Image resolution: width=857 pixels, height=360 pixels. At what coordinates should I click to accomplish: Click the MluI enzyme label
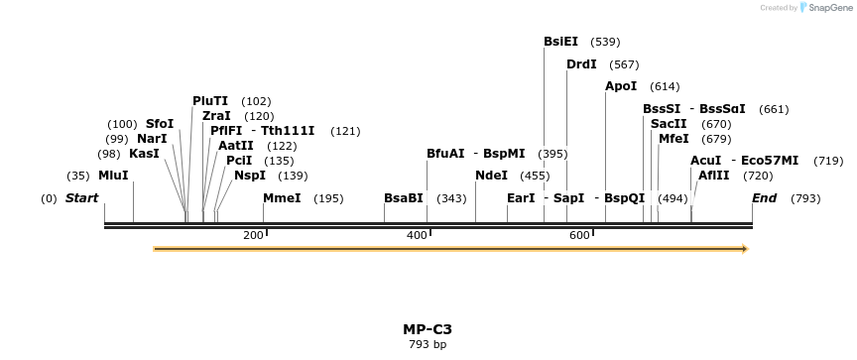[113, 176]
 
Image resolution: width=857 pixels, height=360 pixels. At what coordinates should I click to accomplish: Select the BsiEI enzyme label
[560, 42]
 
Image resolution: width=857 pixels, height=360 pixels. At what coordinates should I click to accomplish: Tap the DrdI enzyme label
[581, 64]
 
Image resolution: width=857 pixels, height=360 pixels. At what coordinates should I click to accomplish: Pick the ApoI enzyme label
[621, 86]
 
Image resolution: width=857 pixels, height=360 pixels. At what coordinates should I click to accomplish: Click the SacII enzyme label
[669, 124]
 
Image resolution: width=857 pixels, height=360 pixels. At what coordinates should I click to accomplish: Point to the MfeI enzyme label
[673, 139]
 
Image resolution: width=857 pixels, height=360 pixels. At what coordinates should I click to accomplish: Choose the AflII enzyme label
[714, 176]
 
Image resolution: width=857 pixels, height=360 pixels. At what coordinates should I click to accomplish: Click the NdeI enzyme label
[491, 176]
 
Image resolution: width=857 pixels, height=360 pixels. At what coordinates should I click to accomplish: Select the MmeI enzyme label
[282, 198]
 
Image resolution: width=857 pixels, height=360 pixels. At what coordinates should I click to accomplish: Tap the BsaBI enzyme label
[404, 198]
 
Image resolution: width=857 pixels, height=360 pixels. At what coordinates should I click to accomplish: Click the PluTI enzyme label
[210, 101]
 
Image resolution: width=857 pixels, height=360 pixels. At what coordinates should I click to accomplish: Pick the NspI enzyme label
[250, 176]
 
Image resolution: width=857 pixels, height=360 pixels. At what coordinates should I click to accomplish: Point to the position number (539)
[605, 42]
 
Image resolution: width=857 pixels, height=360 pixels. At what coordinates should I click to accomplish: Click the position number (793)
[805, 198]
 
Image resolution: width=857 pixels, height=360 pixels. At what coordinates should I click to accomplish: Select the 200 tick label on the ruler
[253, 235]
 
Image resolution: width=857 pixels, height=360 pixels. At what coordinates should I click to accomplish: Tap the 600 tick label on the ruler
[578, 235]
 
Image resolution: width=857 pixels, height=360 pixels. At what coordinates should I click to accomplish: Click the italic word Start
[81, 198]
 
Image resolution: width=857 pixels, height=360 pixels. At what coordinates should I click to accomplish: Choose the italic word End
[764, 198]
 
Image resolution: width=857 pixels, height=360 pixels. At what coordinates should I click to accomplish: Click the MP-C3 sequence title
[428, 329]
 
